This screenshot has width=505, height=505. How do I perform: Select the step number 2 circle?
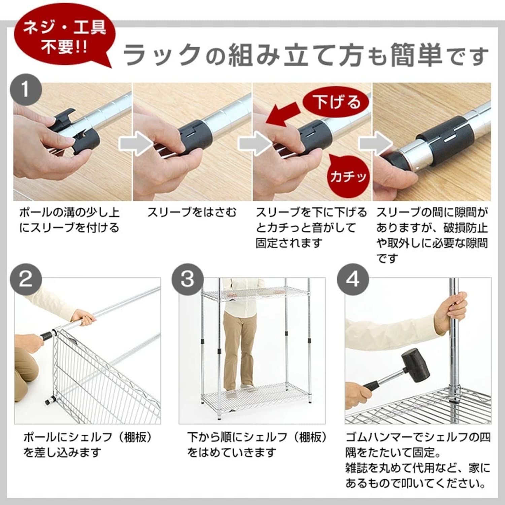26,279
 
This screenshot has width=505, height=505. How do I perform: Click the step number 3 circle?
188,279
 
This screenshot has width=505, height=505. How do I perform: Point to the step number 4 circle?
352,279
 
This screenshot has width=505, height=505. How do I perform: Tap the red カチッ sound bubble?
347,176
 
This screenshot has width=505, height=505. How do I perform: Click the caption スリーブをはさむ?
192,212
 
